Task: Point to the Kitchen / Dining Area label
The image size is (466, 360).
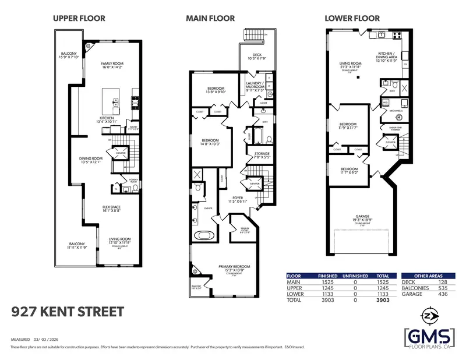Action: coord(386,55)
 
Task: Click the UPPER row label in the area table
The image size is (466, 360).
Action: coord(295,287)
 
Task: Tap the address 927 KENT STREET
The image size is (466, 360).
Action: coord(68,312)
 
